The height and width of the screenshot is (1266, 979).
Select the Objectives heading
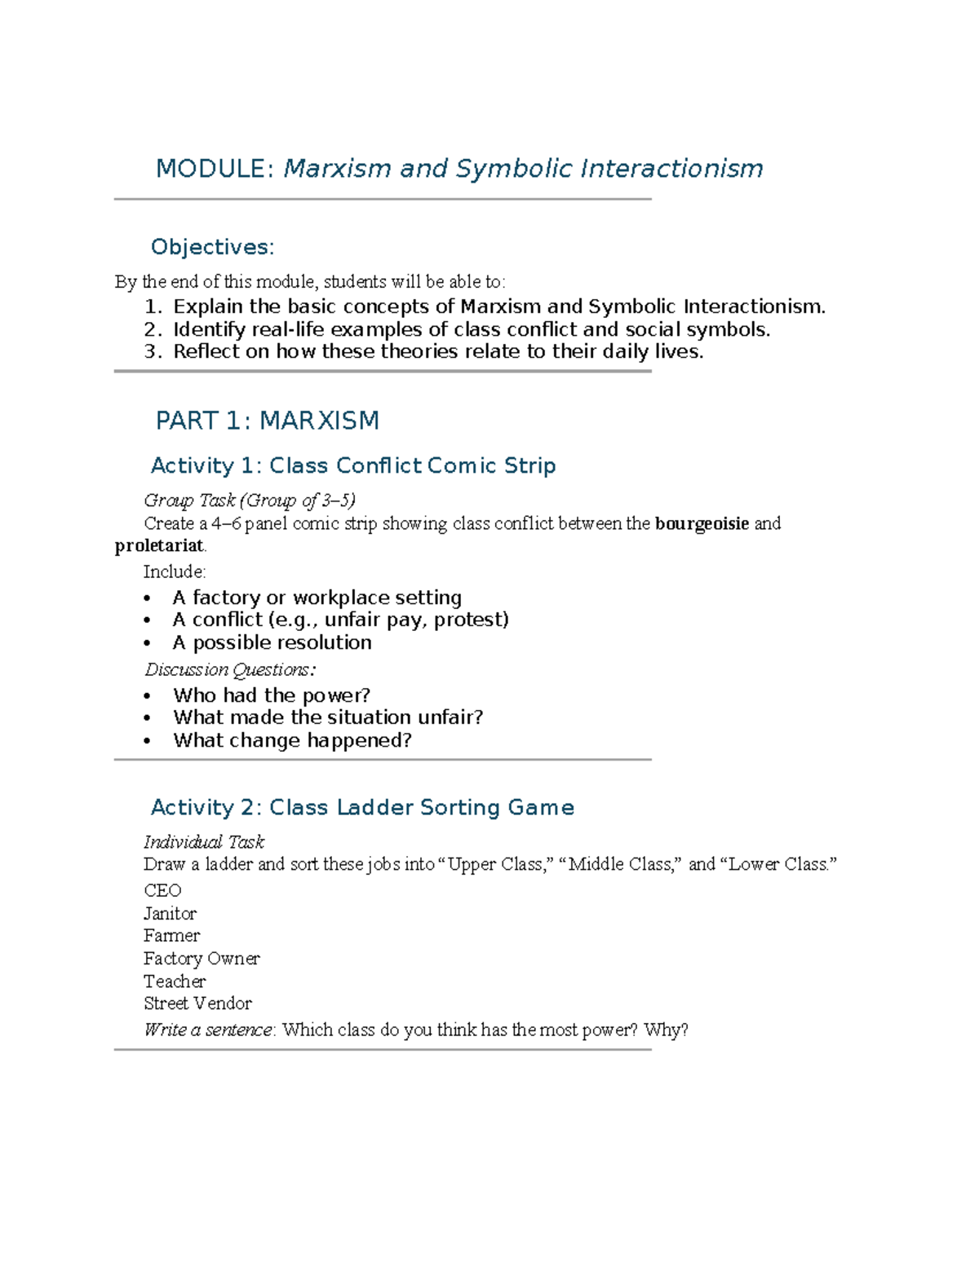pyautogui.click(x=212, y=247)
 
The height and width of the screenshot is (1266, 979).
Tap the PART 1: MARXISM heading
pyautogui.click(x=267, y=421)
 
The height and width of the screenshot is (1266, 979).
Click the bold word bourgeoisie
pyautogui.click(x=702, y=523)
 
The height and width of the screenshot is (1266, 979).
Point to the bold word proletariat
pyautogui.click(x=159, y=546)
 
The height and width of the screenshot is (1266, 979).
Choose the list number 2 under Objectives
pyautogui.click(x=153, y=329)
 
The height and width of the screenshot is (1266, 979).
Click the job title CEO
pyautogui.click(x=162, y=890)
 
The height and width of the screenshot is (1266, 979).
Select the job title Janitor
pyautogui.click(x=170, y=913)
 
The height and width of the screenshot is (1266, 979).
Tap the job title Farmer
pyautogui.click(x=171, y=936)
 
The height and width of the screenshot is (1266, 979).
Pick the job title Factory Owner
pyautogui.click(x=202, y=959)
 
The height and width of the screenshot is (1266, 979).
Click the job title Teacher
pyautogui.click(x=175, y=981)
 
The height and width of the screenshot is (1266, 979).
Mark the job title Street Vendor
pyautogui.click(x=197, y=1004)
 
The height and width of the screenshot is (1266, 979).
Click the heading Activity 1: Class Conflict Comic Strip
pyautogui.click(x=353, y=465)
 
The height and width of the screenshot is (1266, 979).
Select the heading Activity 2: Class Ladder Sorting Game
pyautogui.click(x=362, y=807)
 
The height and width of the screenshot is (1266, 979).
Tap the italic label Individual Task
pyautogui.click(x=204, y=842)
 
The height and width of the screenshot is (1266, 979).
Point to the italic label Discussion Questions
pyautogui.click(x=229, y=670)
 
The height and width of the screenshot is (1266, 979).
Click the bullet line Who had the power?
pyautogui.click(x=271, y=695)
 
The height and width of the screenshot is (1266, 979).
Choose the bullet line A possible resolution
pyautogui.click(x=272, y=642)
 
